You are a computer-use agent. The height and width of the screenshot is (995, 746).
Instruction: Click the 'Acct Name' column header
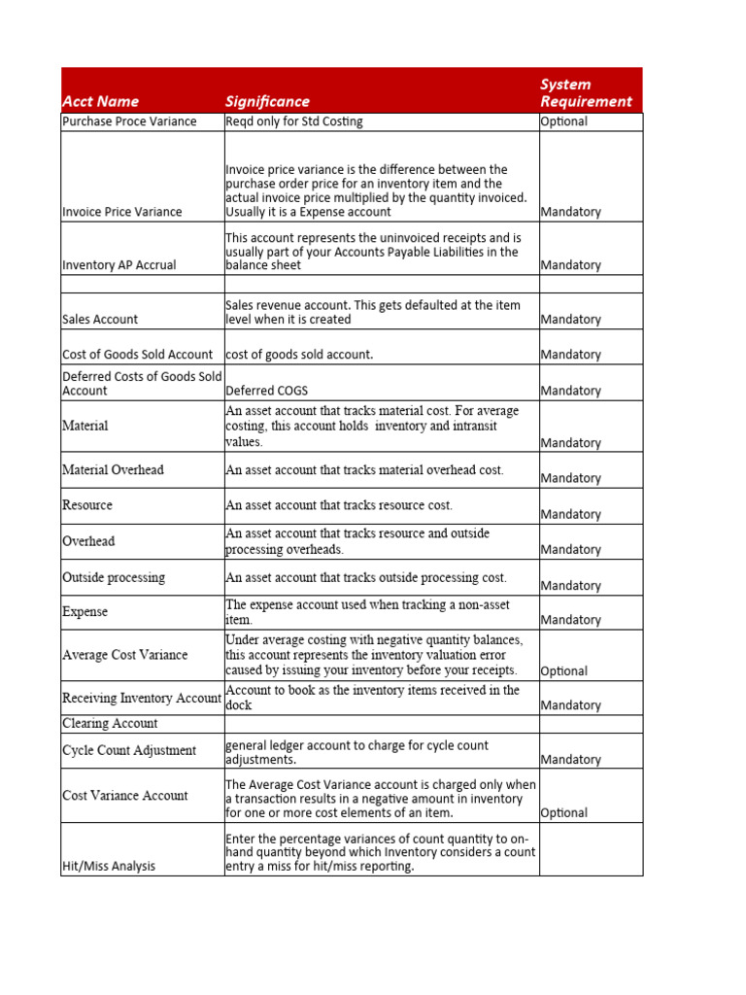[100, 101]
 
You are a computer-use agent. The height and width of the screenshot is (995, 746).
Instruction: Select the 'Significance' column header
[267, 101]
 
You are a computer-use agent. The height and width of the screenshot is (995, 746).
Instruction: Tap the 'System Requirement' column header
[586, 92]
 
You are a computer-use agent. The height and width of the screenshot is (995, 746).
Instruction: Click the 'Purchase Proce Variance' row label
[129, 121]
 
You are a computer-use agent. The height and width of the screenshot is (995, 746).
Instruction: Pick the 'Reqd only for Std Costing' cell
[293, 121]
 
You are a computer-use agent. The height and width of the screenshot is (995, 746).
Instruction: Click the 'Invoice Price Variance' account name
[121, 212]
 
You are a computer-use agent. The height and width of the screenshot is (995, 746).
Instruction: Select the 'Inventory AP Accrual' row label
[119, 265]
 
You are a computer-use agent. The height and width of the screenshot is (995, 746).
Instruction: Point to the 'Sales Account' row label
[100, 319]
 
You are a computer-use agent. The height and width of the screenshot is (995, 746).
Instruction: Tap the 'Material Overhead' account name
[113, 469]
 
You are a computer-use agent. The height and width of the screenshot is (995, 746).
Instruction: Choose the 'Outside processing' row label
[114, 577]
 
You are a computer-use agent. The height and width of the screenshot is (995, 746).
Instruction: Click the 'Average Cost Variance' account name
[124, 655]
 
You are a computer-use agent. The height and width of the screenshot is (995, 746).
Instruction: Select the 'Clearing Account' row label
[110, 724]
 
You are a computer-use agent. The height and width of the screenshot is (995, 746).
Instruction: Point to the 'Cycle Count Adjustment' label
[128, 750]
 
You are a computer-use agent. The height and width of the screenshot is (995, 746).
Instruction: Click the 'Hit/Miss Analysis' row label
[108, 866]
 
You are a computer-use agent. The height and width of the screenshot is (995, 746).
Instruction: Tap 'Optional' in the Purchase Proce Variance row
[564, 121]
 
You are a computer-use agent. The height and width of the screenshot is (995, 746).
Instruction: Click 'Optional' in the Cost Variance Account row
[564, 812]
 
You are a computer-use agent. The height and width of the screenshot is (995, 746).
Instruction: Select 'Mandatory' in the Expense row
[570, 620]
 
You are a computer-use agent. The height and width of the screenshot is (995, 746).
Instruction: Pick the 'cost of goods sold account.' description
[298, 355]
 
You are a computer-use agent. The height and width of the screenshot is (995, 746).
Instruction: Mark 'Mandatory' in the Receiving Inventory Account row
[570, 705]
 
